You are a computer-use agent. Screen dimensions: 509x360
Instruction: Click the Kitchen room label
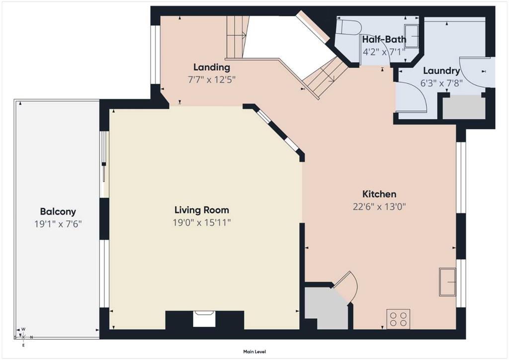[x=379, y=194]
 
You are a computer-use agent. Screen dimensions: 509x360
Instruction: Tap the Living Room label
[x=202, y=210]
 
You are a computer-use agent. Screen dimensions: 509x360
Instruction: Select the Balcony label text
[x=58, y=212]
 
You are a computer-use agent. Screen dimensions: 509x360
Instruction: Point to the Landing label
[x=212, y=68]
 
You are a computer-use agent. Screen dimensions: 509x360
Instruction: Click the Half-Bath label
[x=384, y=40]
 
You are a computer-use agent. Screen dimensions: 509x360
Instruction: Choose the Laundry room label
[x=441, y=71]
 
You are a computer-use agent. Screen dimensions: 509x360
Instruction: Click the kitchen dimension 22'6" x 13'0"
[x=379, y=206]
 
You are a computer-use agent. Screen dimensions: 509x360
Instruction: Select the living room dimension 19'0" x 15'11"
[x=202, y=222]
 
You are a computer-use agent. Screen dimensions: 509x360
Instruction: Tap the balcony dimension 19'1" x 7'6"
[x=58, y=224]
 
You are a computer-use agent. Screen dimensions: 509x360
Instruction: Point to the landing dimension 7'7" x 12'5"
[x=212, y=80]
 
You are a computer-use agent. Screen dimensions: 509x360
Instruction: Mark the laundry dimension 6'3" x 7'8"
[x=441, y=83]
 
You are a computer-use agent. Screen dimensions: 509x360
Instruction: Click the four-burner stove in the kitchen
[x=398, y=319]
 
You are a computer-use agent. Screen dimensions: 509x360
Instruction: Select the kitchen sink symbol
[x=448, y=282]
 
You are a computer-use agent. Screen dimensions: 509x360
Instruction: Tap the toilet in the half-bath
[x=348, y=27]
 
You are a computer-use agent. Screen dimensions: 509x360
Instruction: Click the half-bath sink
[x=411, y=36]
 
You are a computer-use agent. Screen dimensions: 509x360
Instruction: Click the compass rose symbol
[x=23, y=337]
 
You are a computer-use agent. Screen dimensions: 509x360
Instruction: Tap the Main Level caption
[x=254, y=352]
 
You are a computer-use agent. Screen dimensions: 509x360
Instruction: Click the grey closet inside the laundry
[x=464, y=107]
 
